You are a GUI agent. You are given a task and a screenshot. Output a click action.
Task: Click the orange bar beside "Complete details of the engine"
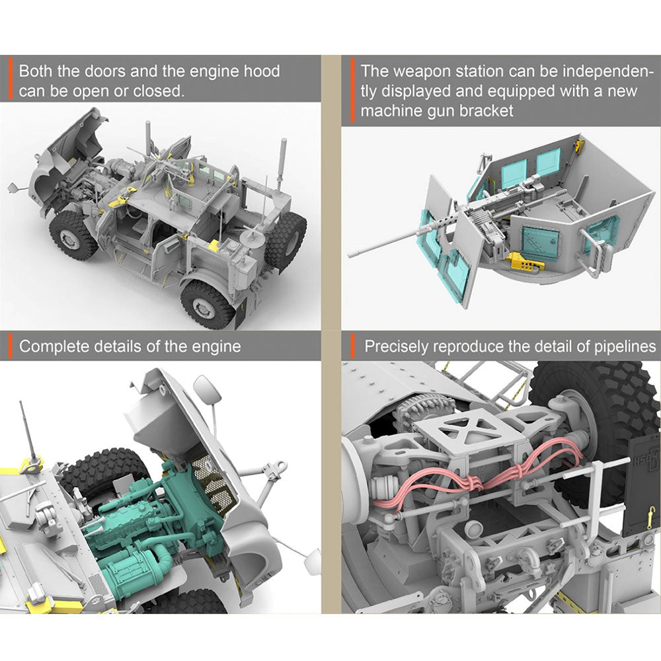pyautogui.click(x=11, y=346)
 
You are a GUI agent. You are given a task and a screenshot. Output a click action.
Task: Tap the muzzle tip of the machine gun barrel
pyautogui.click(x=350, y=255)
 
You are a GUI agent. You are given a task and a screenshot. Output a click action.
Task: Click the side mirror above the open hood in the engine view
pyautogui.click(x=207, y=389)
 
